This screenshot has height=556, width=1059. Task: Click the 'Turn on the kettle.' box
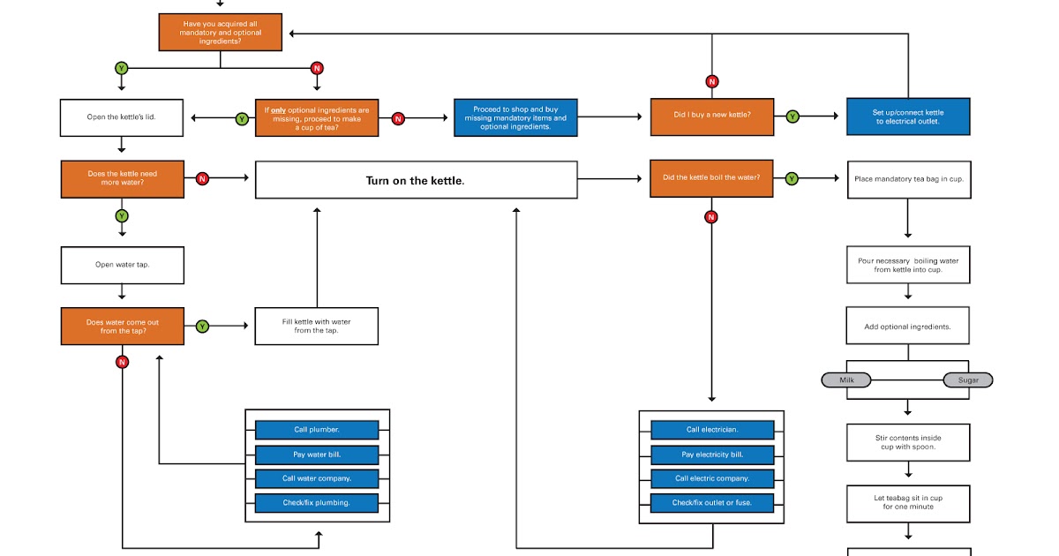pyautogui.click(x=416, y=180)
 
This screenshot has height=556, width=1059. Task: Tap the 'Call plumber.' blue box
pyautogui.click(x=317, y=430)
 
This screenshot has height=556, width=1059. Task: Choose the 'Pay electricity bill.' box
pyautogui.click(x=712, y=455)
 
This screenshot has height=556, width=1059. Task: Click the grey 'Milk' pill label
pyautogui.click(x=846, y=379)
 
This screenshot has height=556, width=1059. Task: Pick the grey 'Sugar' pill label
pyautogui.click(x=968, y=379)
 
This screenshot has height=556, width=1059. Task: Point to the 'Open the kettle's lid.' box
pyautogui.click(x=122, y=117)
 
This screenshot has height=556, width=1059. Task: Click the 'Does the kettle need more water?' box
pyautogui.click(x=122, y=178)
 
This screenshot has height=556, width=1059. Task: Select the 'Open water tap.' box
pyautogui.click(x=122, y=265)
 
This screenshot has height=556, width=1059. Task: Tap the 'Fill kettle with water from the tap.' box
pyautogui.click(x=316, y=326)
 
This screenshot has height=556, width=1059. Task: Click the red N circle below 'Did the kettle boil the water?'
pyautogui.click(x=711, y=217)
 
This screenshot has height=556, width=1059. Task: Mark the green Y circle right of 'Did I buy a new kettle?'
pyautogui.click(x=792, y=116)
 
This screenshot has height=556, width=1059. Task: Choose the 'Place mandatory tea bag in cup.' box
pyautogui.click(x=907, y=178)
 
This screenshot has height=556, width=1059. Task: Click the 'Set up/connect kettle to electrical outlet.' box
pyautogui.click(x=907, y=116)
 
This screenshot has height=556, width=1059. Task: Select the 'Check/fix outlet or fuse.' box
pyautogui.click(x=712, y=502)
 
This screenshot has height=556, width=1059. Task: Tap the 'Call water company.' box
pyautogui.click(x=317, y=478)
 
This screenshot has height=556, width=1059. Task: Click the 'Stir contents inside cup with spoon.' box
pyautogui.click(x=907, y=442)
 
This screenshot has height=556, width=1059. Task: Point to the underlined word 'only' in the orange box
pyautogui.click(x=278, y=110)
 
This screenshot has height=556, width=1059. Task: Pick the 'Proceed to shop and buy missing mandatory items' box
pyautogui.click(x=515, y=116)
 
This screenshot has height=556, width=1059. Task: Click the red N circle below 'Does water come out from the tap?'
pyautogui.click(x=122, y=362)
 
